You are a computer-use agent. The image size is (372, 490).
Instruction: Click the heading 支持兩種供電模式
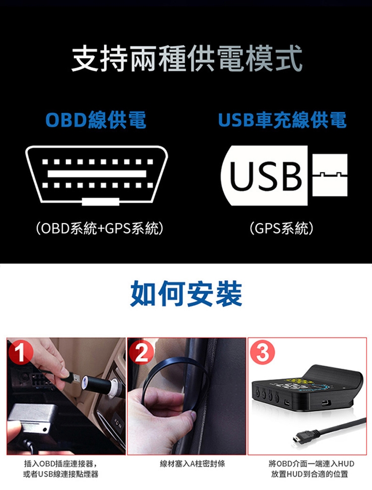tap(186, 58)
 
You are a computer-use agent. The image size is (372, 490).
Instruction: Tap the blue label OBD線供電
tap(96, 120)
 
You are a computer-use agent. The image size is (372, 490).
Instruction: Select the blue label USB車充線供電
tap(282, 120)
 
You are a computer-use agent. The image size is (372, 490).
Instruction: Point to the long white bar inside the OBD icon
tap(97, 174)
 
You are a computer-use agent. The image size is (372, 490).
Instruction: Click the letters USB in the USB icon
tap(265, 176)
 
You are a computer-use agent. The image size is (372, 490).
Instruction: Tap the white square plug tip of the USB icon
tap(330, 175)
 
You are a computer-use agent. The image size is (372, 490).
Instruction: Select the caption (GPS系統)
tap(281, 228)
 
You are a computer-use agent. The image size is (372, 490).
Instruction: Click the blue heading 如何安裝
tap(186, 293)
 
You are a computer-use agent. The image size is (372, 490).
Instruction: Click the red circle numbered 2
tap(141, 352)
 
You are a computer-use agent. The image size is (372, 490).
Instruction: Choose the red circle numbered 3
tap(262, 352)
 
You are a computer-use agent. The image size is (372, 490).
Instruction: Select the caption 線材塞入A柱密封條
tap(192, 463)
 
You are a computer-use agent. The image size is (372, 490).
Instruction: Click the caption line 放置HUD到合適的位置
tap(310, 474)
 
